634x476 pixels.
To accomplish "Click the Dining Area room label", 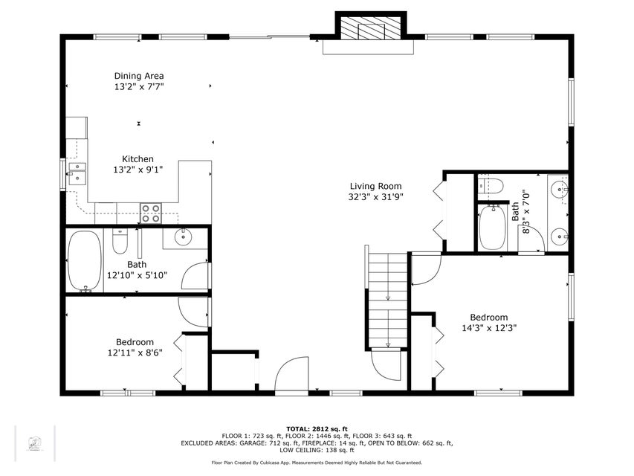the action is (139, 76).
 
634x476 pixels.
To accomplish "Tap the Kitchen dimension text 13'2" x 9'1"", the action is (138, 169).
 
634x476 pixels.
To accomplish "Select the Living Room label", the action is (375, 186).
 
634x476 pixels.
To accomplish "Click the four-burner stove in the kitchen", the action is (151, 213).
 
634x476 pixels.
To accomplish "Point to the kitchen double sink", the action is (77, 173).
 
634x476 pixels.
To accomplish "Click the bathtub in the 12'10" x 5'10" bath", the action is (85, 260).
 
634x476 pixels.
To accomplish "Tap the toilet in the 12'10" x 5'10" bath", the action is (120, 241).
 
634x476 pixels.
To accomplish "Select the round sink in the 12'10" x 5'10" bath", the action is (183, 237).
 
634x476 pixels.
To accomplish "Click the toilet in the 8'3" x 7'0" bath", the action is (491, 187).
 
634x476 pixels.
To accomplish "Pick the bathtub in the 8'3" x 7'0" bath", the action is (492, 228).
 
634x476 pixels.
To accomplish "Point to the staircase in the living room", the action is (387, 300).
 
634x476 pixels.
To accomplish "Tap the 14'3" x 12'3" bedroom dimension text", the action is (489, 328).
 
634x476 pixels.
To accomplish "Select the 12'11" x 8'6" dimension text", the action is (135, 353).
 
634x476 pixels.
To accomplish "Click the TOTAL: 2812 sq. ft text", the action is (317, 428).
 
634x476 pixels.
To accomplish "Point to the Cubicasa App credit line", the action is (317, 463).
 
